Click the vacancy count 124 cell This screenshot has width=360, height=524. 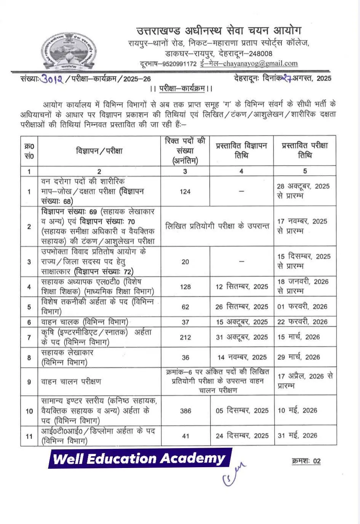(x=185, y=192)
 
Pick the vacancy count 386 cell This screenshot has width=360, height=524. (x=186, y=411)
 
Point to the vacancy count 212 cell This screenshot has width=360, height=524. (x=186, y=337)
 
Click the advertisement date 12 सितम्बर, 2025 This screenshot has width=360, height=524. (x=242, y=287)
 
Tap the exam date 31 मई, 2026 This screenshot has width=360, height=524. (x=297, y=436)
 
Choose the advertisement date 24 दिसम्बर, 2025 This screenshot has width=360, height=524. (x=242, y=436)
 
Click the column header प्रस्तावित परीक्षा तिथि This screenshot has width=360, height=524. (x=305, y=151)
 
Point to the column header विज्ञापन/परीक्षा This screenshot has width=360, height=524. (x=99, y=151)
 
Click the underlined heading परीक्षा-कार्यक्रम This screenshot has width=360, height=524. (x=182, y=88)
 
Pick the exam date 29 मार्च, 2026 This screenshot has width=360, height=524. (x=298, y=357)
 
